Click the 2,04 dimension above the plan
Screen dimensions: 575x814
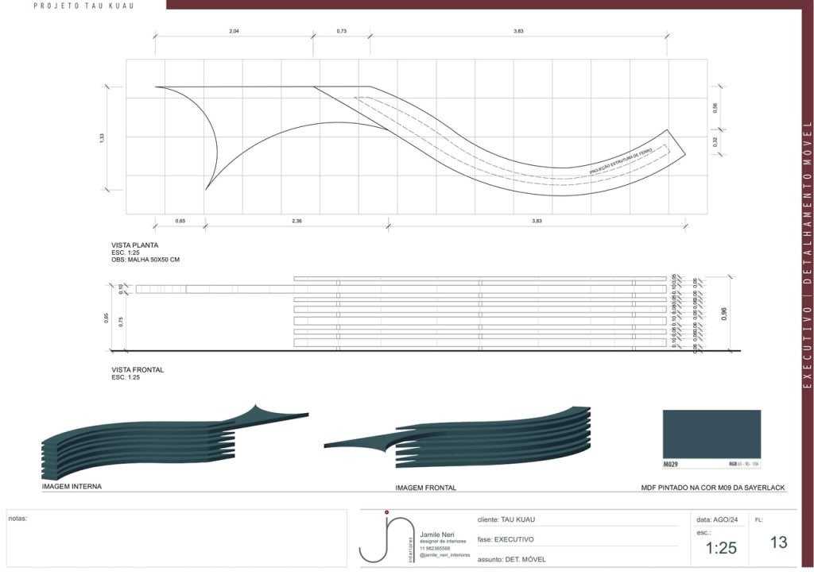(x=234, y=30)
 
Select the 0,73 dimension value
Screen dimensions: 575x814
(x=342, y=30)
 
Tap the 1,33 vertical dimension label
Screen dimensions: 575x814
(x=102, y=138)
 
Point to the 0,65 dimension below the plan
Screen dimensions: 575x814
(x=180, y=221)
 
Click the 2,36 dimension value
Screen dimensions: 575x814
(x=297, y=221)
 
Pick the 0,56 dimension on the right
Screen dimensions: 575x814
(x=715, y=109)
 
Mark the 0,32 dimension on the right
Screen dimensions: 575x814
(x=715, y=142)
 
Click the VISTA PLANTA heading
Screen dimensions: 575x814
(x=135, y=245)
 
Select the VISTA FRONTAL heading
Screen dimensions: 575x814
(x=138, y=369)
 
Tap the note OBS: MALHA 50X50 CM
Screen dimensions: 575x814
(x=145, y=260)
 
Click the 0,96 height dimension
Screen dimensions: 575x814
(x=723, y=314)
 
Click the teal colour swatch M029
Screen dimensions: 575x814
(x=711, y=434)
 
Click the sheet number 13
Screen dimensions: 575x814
(x=778, y=542)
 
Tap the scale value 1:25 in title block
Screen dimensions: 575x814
(x=721, y=548)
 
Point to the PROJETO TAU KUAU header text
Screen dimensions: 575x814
(x=83, y=6)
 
